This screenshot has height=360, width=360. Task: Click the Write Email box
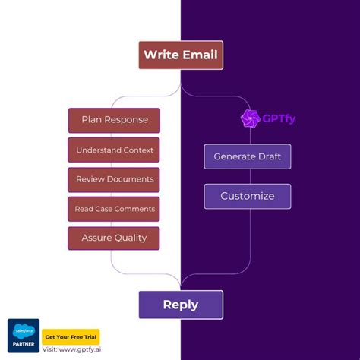[x=181, y=55]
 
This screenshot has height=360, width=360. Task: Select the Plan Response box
[x=114, y=120]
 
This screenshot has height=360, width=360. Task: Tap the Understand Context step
[x=114, y=150]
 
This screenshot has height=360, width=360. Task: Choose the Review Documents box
[x=114, y=180]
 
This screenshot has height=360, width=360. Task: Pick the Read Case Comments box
[x=114, y=209]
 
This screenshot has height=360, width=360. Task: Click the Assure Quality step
[x=114, y=238]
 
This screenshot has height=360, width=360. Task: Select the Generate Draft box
[x=247, y=156]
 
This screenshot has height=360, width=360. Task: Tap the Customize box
[x=247, y=196]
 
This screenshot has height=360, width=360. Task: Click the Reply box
[x=181, y=305]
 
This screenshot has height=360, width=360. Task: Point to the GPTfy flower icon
[x=249, y=118]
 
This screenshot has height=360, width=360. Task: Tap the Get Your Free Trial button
[x=71, y=336]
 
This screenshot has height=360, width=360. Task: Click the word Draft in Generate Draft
[x=267, y=156]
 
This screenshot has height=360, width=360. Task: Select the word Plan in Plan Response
[x=93, y=120]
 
